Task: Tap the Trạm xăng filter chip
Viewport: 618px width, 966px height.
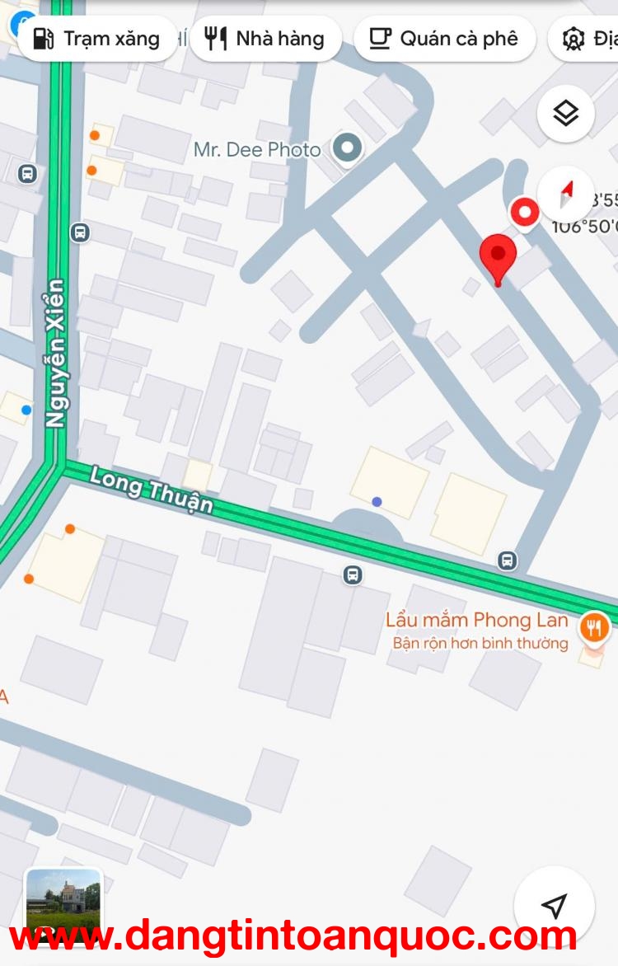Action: click(x=97, y=39)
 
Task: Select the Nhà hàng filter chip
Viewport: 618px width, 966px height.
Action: click(x=265, y=39)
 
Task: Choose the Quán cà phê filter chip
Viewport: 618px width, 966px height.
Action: click(x=444, y=39)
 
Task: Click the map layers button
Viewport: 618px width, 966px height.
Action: click(x=566, y=114)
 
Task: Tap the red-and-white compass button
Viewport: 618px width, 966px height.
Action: click(x=566, y=194)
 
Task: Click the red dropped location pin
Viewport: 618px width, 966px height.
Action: click(x=498, y=257)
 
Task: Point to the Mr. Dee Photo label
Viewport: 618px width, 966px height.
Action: click(x=257, y=149)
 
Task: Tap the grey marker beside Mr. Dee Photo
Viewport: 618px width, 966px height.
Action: click(x=348, y=149)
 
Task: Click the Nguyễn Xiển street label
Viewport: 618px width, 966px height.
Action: click(x=55, y=353)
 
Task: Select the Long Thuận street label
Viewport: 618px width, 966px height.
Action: click(x=152, y=489)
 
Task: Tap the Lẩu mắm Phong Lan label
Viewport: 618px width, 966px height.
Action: click(x=477, y=620)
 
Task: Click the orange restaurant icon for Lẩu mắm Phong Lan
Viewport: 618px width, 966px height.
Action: click(x=593, y=628)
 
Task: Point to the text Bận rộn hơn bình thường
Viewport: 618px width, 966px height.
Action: click(x=480, y=643)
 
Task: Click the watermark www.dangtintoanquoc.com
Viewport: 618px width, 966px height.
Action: click(x=293, y=936)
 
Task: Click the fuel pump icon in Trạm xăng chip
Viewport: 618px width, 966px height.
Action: click(x=44, y=39)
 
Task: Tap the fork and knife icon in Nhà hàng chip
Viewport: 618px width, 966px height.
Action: click(x=215, y=39)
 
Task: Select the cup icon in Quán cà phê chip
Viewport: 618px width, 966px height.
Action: click(x=380, y=39)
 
